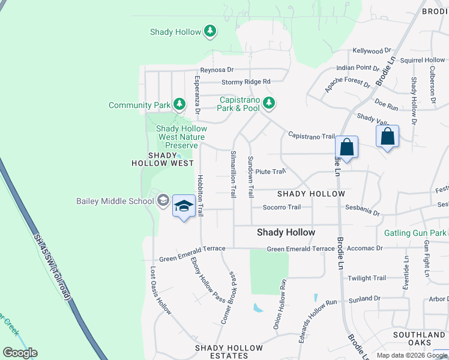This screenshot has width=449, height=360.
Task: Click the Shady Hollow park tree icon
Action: pyautogui.click(x=209, y=31)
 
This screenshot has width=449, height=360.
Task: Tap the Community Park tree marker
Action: pyautogui.click(x=179, y=104)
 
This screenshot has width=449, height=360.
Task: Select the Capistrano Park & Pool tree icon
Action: pyautogui.click(x=269, y=103)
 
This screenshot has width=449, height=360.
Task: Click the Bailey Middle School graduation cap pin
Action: pyautogui.click(x=184, y=206)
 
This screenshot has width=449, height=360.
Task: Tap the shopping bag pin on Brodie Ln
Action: pyautogui.click(x=346, y=147)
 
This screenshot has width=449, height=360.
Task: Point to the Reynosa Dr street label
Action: pyautogui.click(x=217, y=70)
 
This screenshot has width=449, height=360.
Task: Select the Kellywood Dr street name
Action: pyautogui.click(x=372, y=52)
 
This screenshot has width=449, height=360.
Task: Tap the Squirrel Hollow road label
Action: pyautogui.click(x=423, y=60)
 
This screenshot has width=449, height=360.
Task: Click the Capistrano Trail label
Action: pyautogui.click(x=311, y=136)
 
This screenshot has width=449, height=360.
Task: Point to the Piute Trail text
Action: pyautogui.click(x=270, y=172)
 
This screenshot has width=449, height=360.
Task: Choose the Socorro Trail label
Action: pyautogui.click(x=282, y=208)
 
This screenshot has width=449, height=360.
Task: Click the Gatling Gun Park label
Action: pyautogui.click(x=415, y=233)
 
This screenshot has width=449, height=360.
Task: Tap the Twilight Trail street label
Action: pyautogui.click(x=367, y=278)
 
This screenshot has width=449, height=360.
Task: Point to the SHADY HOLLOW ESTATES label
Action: pyautogui.click(x=229, y=352)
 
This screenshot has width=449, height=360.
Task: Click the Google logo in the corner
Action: pyautogui.click(x=20, y=353)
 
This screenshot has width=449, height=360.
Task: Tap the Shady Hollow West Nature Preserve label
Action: pyautogui.click(x=181, y=137)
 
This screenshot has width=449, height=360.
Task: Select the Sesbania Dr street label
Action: pyautogui.click(x=363, y=212)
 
